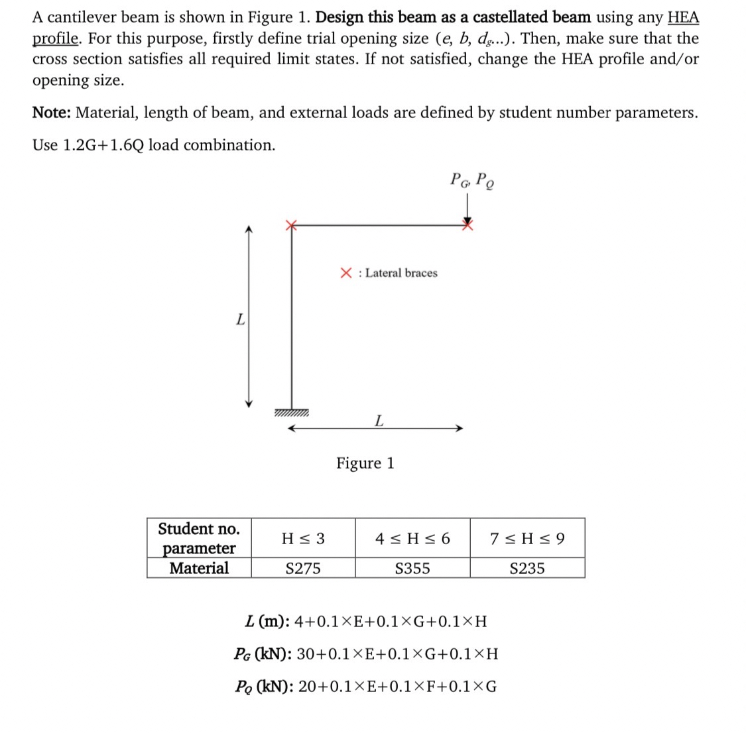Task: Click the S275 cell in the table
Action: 303,568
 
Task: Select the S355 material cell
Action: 412,568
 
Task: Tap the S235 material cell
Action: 527,568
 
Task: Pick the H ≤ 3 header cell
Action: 303,538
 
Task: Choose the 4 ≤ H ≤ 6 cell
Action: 412,538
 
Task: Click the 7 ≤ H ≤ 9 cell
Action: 527,538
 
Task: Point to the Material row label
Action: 199,568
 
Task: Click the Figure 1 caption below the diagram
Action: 365,463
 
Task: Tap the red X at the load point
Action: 468,225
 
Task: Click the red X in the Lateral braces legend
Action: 346,272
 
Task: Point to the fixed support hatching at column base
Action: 290,414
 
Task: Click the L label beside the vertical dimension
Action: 240,319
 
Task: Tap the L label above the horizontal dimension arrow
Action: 378,420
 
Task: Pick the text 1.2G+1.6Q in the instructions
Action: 103,144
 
